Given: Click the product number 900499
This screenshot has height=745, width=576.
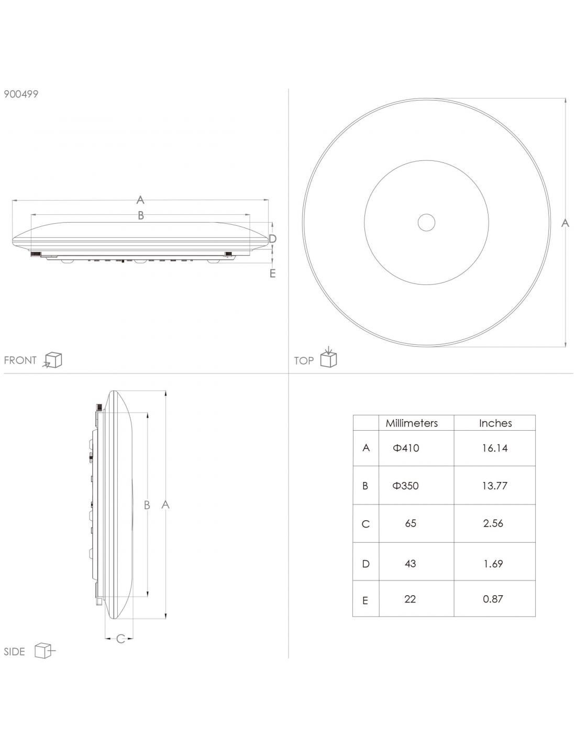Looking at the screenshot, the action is (21, 94).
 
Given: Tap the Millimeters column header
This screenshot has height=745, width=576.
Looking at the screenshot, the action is (412, 423).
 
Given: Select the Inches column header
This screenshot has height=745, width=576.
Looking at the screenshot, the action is (495, 423).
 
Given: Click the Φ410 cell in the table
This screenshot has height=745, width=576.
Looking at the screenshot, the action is (406, 448).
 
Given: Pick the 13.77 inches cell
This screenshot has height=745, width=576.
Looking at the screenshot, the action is (494, 486).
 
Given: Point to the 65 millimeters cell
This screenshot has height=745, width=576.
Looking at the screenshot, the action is (411, 523).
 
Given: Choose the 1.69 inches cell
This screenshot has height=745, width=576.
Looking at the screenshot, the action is (493, 564).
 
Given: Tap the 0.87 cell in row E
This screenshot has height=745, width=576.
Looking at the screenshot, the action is (493, 599).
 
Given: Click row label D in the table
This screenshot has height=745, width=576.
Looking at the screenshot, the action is (365, 564).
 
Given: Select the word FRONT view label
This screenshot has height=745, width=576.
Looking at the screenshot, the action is (20, 360).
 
